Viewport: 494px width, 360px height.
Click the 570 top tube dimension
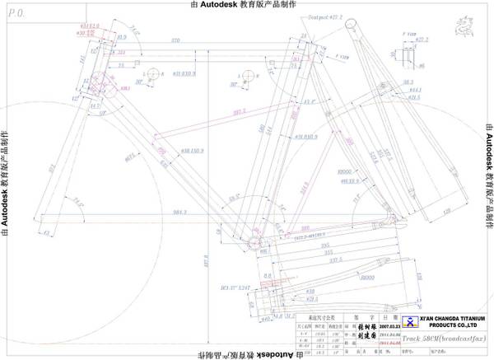175,40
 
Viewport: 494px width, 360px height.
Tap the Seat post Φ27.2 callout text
301,16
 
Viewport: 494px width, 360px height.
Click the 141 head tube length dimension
83,58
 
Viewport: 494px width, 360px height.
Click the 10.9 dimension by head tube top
120,38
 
